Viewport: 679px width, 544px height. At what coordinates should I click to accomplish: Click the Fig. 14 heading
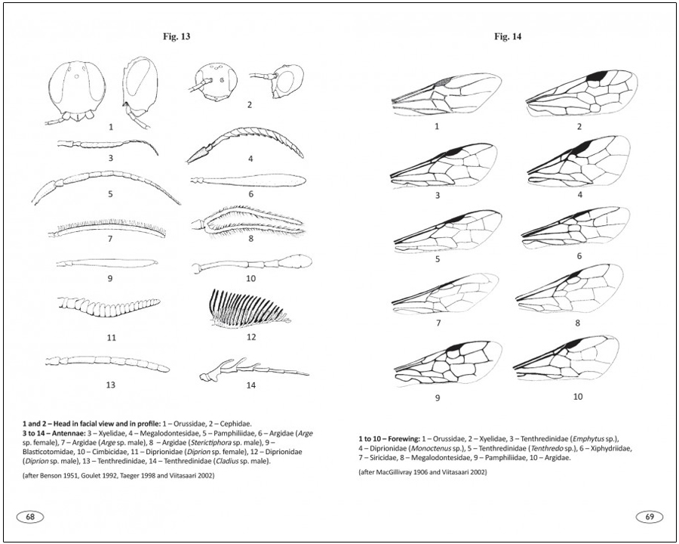click(507, 36)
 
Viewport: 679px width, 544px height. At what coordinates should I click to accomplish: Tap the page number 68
click(30, 517)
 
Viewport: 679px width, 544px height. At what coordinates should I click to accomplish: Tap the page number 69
click(649, 517)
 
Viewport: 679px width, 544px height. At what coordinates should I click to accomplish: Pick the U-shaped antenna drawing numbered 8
click(249, 223)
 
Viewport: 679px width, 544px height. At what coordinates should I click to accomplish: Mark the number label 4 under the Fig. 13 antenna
click(250, 159)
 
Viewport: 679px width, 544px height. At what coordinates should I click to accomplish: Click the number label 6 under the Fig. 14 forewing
click(579, 256)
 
